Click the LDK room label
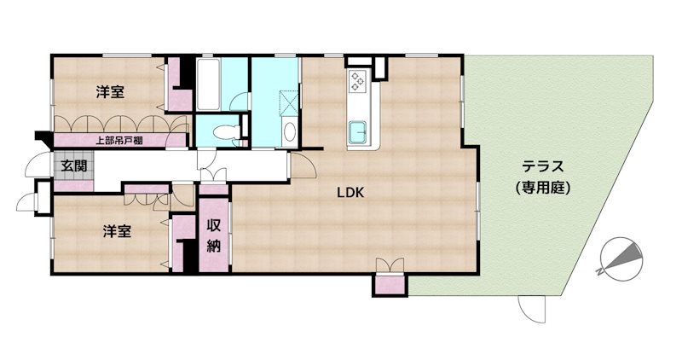[x=350, y=193]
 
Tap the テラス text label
[x=543, y=166]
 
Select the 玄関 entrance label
[x=73, y=165]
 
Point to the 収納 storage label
[x=214, y=235]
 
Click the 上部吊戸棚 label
[x=119, y=141]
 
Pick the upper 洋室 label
[x=110, y=92]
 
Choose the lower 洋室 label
[x=117, y=231]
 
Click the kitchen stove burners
[x=358, y=81]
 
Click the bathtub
[x=208, y=84]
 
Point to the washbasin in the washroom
[x=289, y=132]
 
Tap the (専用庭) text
[x=543, y=188]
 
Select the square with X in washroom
[x=289, y=102]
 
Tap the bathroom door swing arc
[x=239, y=102]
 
